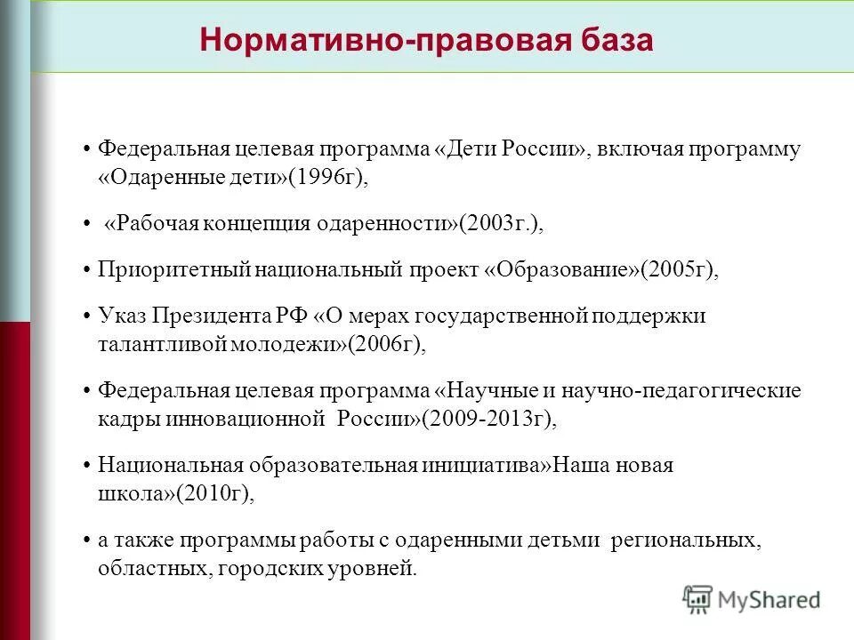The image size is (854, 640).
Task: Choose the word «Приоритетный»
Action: pyautogui.click(x=174, y=270)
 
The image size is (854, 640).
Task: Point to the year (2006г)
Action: pyautogui.click(x=388, y=345)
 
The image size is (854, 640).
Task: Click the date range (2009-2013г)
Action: pyautogui.click(x=490, y=420)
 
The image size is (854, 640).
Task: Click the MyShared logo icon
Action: pyautogui.click(x=698, y=599)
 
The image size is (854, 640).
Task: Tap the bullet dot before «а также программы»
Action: pyautogui.click(x=85, y=540)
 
